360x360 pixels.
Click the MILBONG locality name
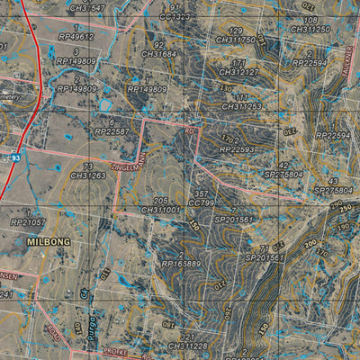click(48, 242)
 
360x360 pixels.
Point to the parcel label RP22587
click(112, 131)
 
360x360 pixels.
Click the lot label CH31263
click(87, 175)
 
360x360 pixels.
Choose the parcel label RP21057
click(27, 221)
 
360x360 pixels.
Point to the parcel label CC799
click(202, 203)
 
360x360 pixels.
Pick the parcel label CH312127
click(238, 72)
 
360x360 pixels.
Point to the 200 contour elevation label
click(310, 243)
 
